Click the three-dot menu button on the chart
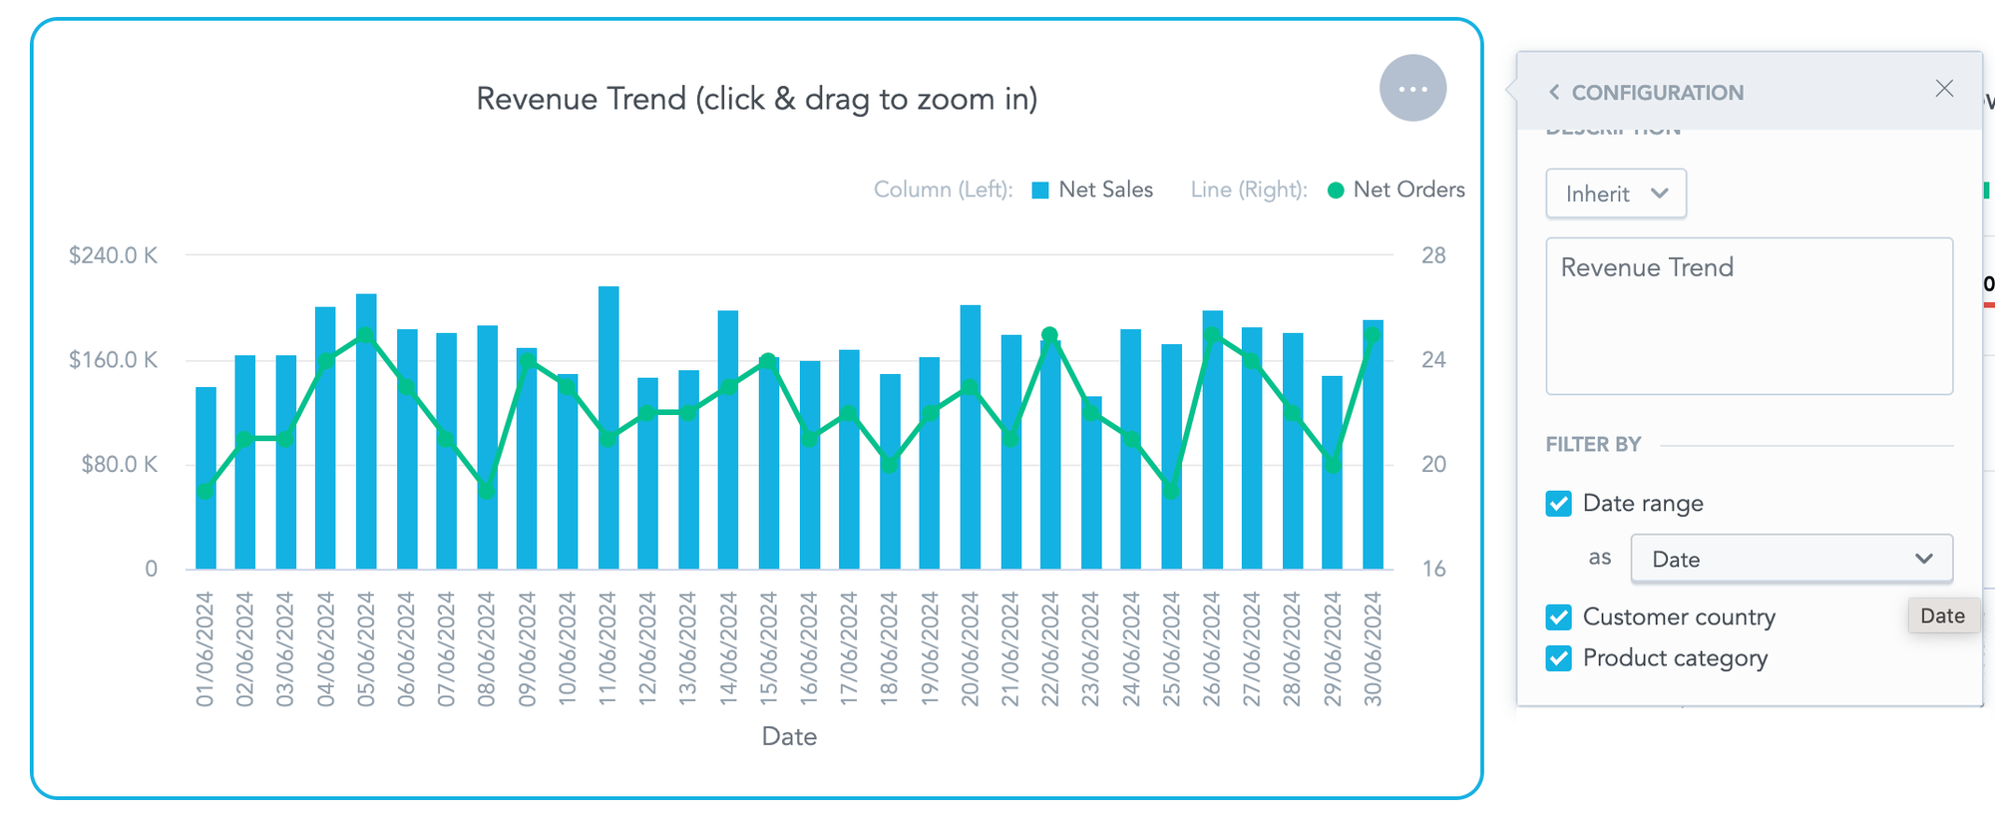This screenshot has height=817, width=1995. pyautogui.click(x=1412, y=89)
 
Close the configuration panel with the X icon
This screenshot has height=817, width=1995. pyautogui.click(x=1944, y=89)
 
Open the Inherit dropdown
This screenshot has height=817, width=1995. pyautogui.click(x=1615, y=194)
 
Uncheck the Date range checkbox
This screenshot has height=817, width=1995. pyautogui.click(x=1559, y=504)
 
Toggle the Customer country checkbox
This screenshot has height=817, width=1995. pyautogui.click(x=1559, y=617)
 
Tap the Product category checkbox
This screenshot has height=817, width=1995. pyautogui.click(x=1559, y=658)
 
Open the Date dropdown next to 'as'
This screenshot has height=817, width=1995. pyautogui.click(x=1791, y=559)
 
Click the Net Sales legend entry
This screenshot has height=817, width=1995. pyautogui.click(x=1092, y=190)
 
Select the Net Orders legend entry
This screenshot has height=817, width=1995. pyautogui.click(x=1396, y=190)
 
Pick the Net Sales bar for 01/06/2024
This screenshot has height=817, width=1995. pyautogui.click(x=205, y=529)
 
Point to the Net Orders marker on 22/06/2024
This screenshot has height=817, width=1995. pyautogui.click(x=1049, y=335)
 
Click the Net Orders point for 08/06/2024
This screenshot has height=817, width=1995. pyautogui.click(x=487, y=490)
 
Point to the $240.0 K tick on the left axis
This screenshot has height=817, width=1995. pyautogui.click(x=113, y=255)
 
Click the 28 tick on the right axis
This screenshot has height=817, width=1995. pyautogui.click(x=1433, y=255)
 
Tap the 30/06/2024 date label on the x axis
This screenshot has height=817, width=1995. pyautogui.click(x=1373, y=648)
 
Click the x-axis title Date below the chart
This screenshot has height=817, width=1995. pyautogui.click(x=789, y=736)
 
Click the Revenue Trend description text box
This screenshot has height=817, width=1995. pyautogui.click(x=1749, y=315)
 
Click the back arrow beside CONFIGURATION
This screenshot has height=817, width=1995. pyautogui.click(x=1554, y=93)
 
